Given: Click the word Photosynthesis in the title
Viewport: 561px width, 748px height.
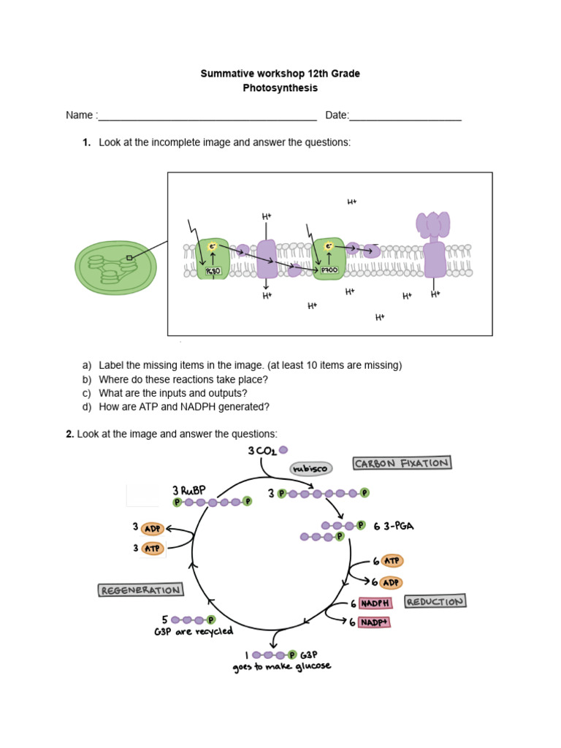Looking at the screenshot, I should [280, 88].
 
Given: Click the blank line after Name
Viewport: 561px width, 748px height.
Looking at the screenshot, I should [207, 116].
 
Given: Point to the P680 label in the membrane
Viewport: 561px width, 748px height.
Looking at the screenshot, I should [213, 271].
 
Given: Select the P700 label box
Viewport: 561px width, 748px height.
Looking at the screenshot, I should [329, 270].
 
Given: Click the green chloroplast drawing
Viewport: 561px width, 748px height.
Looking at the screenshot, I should [115, 268].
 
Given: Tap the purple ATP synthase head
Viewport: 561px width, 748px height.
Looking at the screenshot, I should [433, 224].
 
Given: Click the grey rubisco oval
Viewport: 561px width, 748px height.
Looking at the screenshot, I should [310, 467].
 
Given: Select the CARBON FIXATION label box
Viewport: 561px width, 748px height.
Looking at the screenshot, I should [401, 463].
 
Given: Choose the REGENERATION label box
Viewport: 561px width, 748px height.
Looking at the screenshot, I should [140, 589].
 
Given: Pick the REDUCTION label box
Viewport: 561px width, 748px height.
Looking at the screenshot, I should [435, 602].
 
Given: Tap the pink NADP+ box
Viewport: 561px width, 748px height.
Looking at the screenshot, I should [375, 622].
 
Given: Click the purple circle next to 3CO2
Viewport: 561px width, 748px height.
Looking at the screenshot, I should [283, 450].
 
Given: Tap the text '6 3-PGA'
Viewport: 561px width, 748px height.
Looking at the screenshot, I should [394, 526].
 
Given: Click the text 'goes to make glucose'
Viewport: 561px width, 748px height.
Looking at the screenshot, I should [282, 667].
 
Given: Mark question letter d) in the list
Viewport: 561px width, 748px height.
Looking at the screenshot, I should [87, 407].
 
